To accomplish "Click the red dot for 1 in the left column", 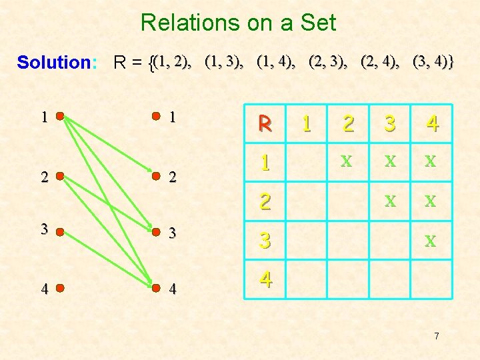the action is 60,116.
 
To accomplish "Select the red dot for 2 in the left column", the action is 60,177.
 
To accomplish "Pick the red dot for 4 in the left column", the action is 60,289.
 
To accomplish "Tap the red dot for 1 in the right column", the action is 155,116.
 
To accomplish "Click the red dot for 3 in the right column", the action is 155,233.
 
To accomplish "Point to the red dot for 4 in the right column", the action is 155,289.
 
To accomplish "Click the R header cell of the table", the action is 265,123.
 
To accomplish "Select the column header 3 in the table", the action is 390,123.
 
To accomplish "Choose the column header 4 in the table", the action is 432,123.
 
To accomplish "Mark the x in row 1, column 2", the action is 346,161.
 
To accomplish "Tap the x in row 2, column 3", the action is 390,199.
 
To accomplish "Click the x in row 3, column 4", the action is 431,240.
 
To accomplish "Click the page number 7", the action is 436,336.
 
